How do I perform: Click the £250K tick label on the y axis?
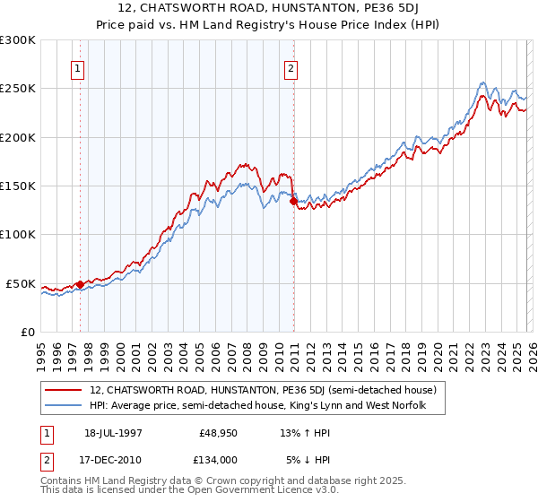(17, 89)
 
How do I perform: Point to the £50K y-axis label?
(20, 283)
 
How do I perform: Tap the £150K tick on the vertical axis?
(17, 186)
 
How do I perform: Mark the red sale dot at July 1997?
(80, 284)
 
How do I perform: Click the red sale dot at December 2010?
(293, 202)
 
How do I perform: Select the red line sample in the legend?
(65, 391)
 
